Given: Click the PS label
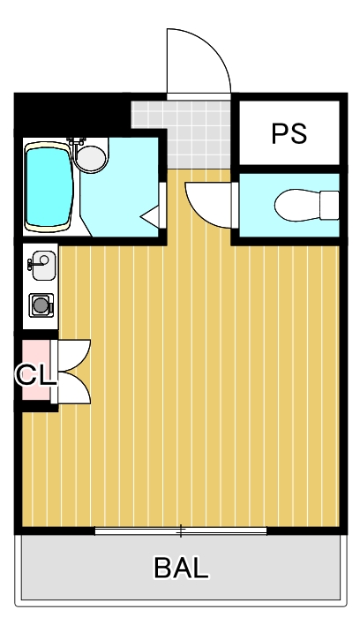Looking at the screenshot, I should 289,134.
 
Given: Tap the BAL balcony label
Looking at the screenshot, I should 181,568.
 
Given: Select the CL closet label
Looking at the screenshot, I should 35,374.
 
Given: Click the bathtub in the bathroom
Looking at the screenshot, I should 49,186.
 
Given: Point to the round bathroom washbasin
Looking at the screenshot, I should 89,158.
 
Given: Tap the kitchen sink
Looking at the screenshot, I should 41,263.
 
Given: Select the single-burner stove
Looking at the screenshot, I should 41,305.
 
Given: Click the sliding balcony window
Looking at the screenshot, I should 181,530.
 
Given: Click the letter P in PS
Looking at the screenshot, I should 280,134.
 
